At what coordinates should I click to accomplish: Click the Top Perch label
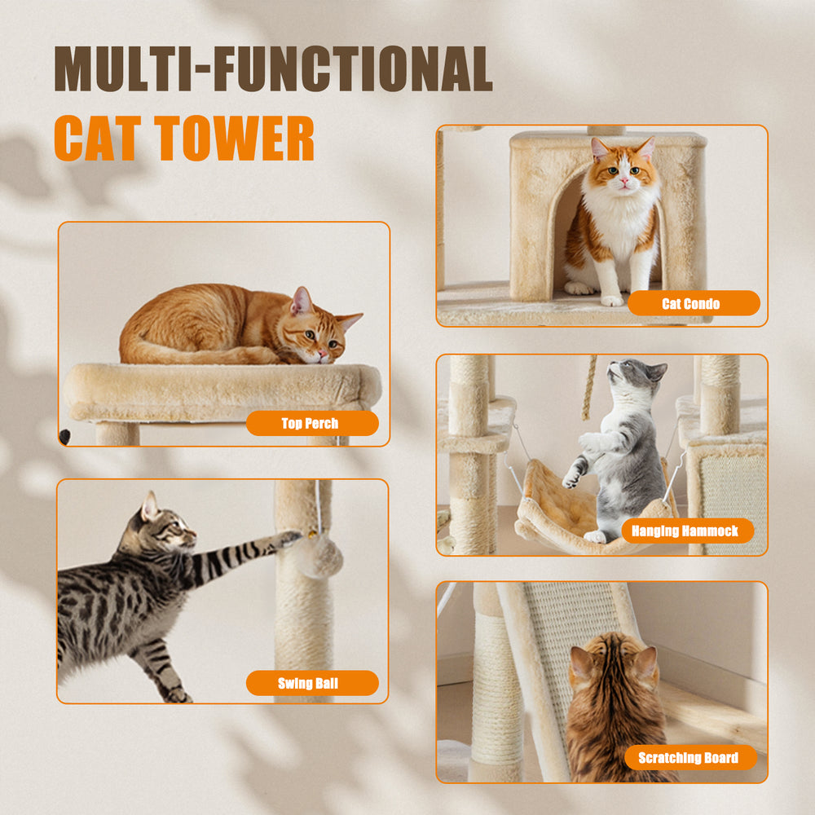(311, 423)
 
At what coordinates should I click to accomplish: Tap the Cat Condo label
(693, 303)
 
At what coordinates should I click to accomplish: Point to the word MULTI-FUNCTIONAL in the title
(273, 69)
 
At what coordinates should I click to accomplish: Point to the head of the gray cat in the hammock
(637, 377)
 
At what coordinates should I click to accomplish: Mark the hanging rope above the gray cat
(588, 388)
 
